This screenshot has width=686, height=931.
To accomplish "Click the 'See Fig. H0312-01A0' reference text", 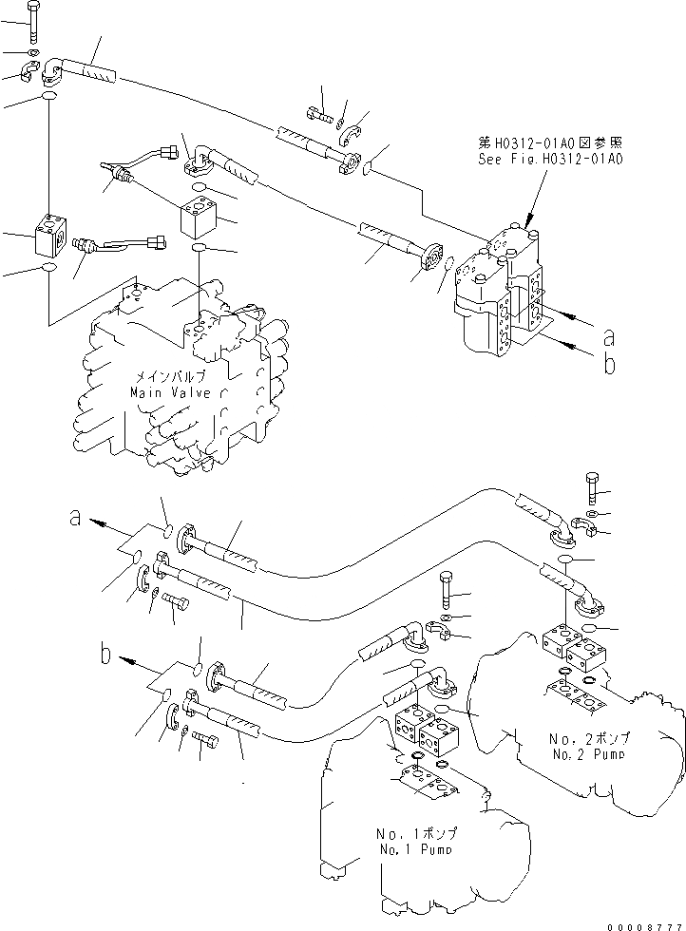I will (550, 160).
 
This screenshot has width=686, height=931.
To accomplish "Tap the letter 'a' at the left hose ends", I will (75, 518).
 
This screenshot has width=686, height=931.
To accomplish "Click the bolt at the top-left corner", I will (33, 20).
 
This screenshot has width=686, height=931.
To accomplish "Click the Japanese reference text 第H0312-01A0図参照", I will (550, 143).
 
